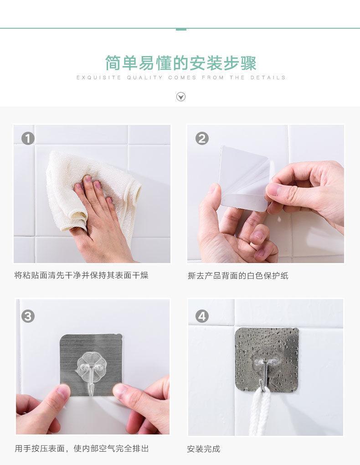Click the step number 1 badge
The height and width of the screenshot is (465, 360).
(x=28, y=139)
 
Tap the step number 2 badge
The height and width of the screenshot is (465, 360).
(x=202, y=139)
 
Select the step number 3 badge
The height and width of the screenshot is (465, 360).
(x=28, y=316)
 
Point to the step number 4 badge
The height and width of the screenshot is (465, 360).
(x=202, y=316)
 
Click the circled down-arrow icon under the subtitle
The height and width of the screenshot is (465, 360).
(x=181, y=97)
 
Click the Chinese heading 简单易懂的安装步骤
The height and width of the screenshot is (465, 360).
(x=181, y=63)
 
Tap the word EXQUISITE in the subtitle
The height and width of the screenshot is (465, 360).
(x=99, y=77)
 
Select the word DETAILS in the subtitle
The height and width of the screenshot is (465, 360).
(x=268, y=77)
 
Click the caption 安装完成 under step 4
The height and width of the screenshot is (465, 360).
(x=203, y=449)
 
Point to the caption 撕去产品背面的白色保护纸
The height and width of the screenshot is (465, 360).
(x=238, y=275)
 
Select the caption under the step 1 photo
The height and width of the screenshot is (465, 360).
(x=81, y=275)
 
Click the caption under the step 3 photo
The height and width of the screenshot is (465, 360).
(x=82, y=449)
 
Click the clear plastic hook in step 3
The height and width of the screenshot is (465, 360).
(x=91, y=372)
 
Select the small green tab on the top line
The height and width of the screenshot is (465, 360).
(x=181, y=29)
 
